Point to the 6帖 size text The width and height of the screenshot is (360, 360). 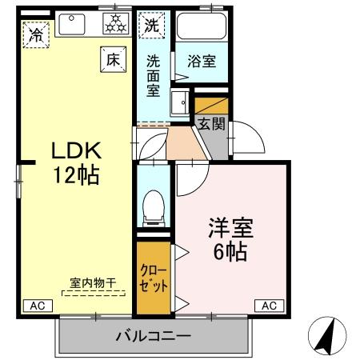point(230,251)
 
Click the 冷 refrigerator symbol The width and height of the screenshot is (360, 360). point(36,34)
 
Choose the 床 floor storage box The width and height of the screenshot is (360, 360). point(110,58)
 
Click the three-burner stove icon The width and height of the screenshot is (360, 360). point(114,24)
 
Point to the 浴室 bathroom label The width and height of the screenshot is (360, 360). point(201,61)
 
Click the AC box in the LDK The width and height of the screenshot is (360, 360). point(37,305)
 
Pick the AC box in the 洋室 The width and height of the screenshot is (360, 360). point(270,305)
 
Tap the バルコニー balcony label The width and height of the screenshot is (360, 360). point(152,335)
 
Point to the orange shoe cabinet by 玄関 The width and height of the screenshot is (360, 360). point(211,105)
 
